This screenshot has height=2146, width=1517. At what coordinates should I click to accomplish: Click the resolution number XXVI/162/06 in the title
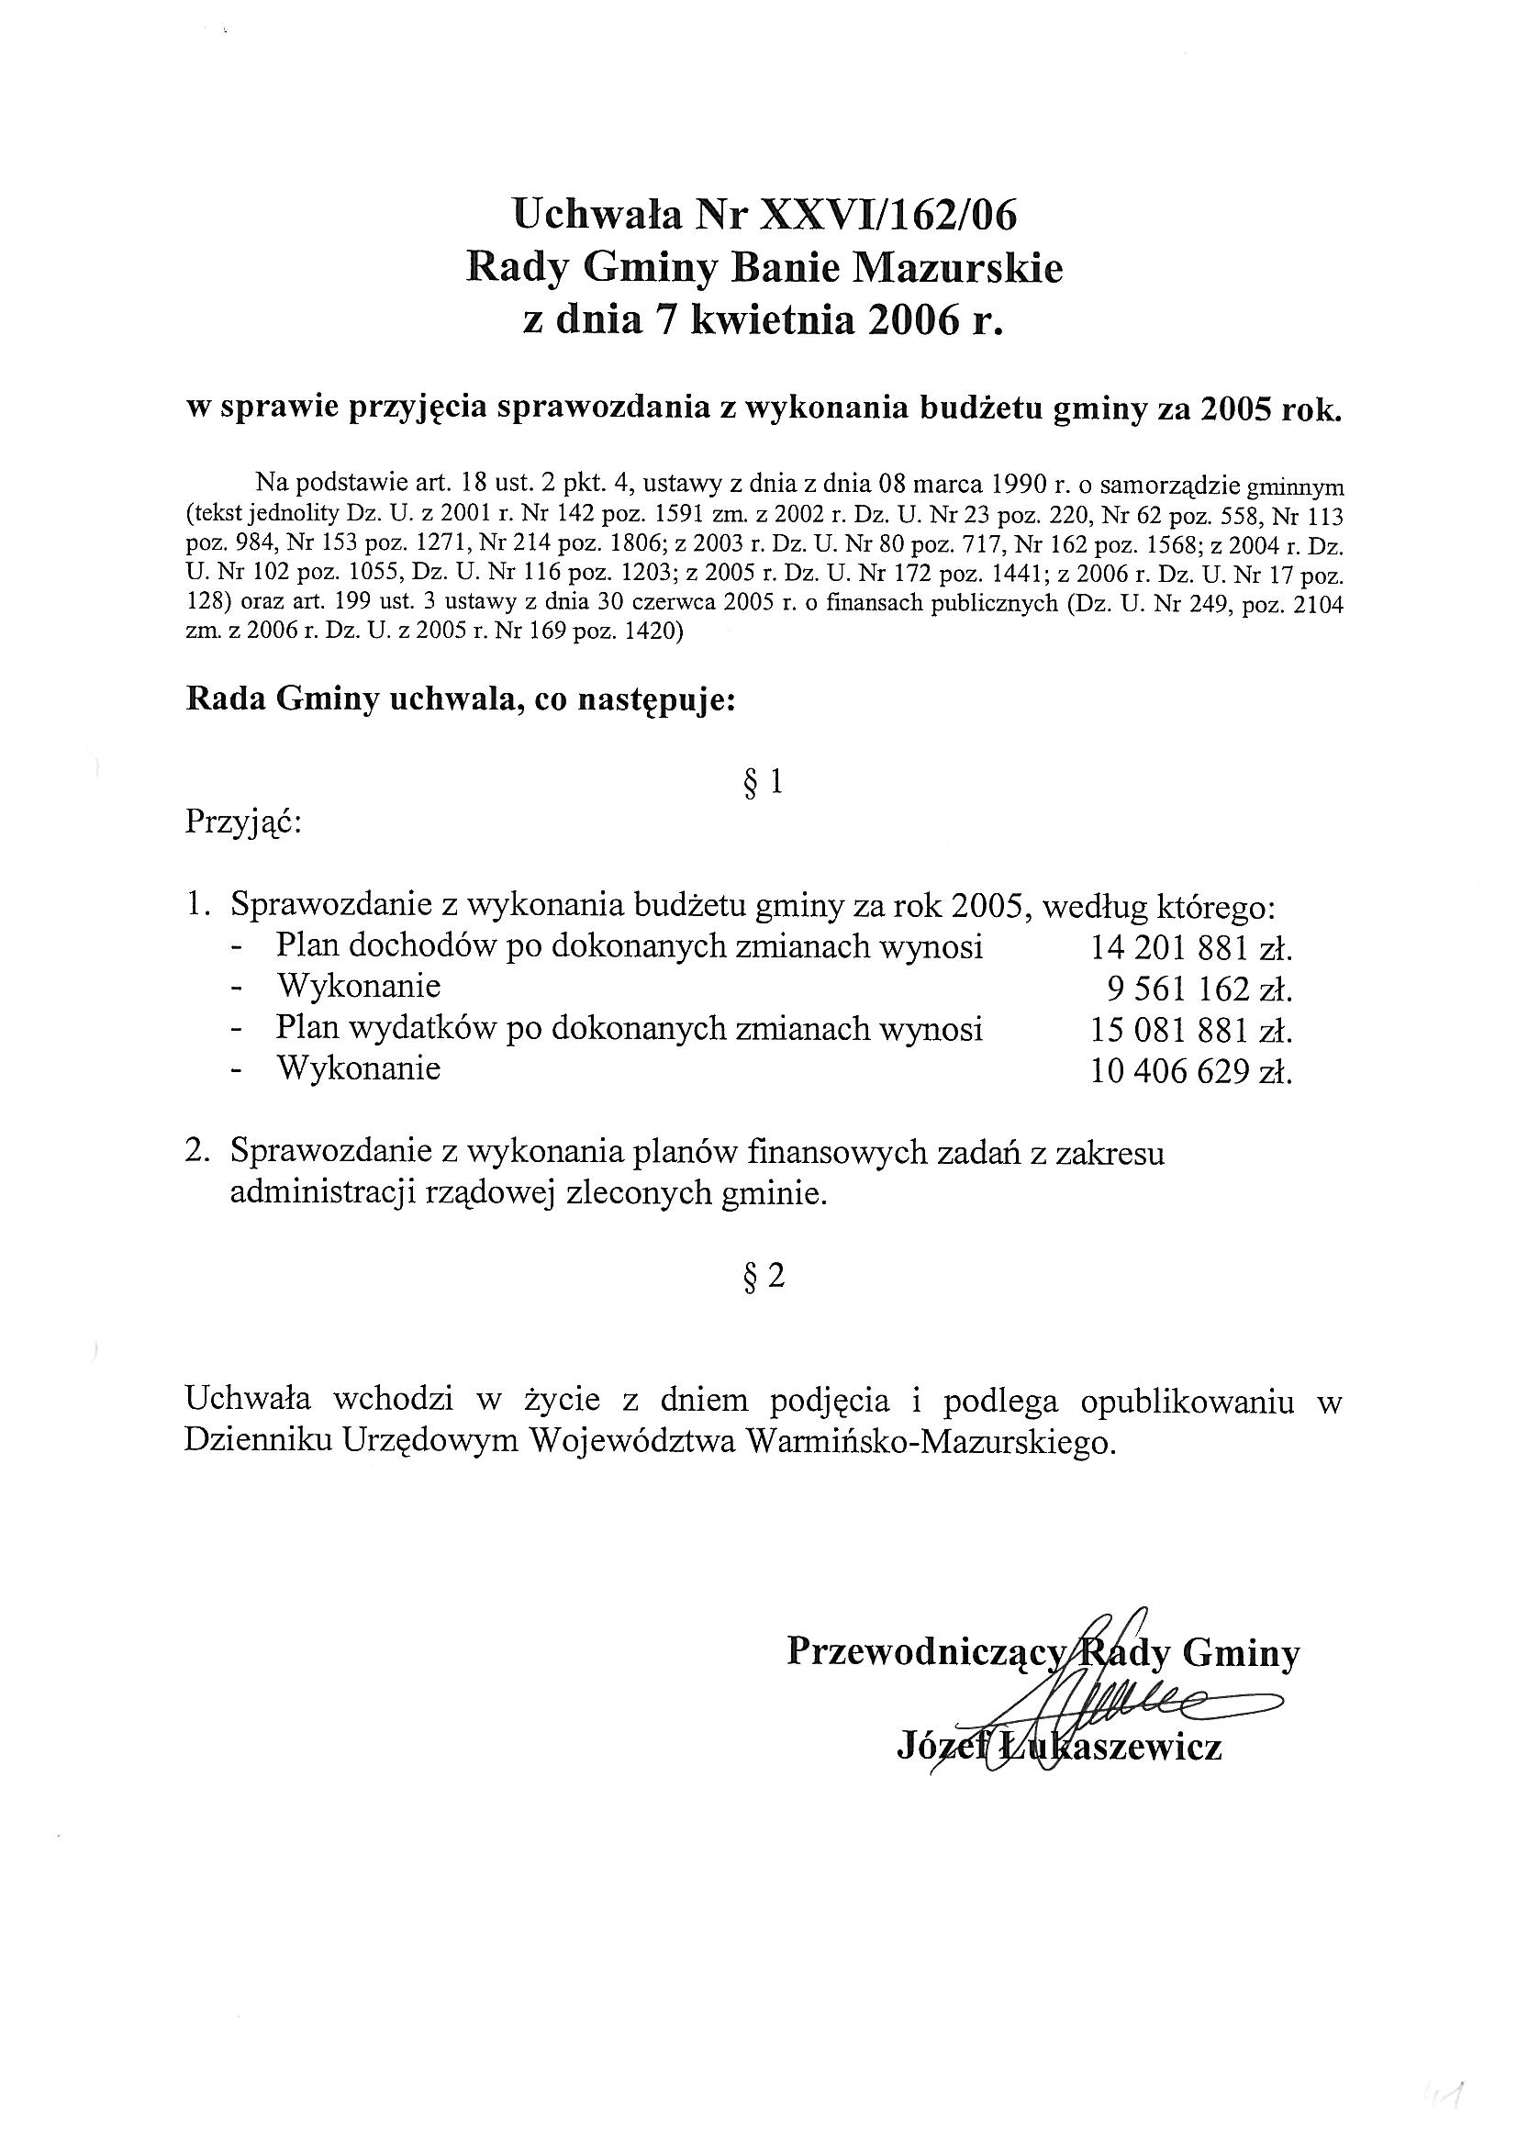coord(890,216)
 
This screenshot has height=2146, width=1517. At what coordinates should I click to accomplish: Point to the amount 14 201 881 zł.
coord(1190,950)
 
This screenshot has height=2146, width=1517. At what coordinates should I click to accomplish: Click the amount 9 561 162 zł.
coord(1198,989)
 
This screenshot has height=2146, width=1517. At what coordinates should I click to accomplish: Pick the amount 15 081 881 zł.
coord(1190,1031)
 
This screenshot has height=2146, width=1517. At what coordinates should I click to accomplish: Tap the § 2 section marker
coord(763,1276)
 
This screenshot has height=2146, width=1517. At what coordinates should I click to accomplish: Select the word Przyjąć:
coord(243,823)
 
